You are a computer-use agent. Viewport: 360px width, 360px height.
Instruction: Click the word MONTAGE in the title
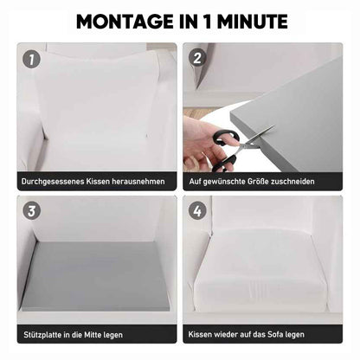coord(125,22)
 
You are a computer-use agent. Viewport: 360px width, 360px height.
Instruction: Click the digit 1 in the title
coord(207,22)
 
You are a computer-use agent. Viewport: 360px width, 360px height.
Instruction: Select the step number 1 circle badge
coord(31,60)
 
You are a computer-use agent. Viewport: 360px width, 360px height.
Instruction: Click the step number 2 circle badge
coord(197,58)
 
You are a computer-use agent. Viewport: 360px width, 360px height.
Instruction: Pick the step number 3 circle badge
coord(31,211)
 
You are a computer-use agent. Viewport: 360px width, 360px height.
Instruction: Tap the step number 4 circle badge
coord(197,211)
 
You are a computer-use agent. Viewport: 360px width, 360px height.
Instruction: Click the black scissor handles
coord(225,150)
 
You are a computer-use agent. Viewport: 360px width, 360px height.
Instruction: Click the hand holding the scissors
coord(202,145)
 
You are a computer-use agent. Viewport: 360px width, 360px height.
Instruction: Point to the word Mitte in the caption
coord(92,335)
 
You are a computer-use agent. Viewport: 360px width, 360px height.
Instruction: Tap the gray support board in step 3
coord(95,275)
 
